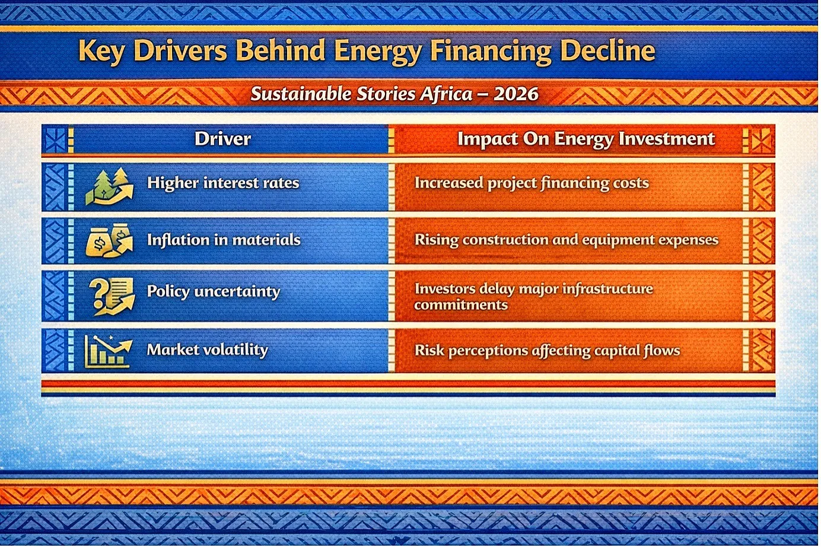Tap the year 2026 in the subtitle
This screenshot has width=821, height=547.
coord(516,94)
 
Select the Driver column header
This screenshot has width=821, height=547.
coord(223,139)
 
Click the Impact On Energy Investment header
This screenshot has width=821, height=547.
coord(586,139)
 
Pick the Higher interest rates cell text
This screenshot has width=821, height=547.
coord(223,183)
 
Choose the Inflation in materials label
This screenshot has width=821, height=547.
coord(224,240)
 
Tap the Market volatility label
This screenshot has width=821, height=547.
coord(208,350)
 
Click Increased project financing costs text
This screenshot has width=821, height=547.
coord(532,183)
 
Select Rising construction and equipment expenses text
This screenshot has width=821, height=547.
coord(567,240)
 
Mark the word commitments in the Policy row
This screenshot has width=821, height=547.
coord(461,305)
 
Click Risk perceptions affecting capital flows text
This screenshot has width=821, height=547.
coord(547,351)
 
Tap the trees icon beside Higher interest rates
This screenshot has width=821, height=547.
coord(109,186)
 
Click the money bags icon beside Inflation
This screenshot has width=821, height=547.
coord(109,240)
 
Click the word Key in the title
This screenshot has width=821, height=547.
coord(101,52)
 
